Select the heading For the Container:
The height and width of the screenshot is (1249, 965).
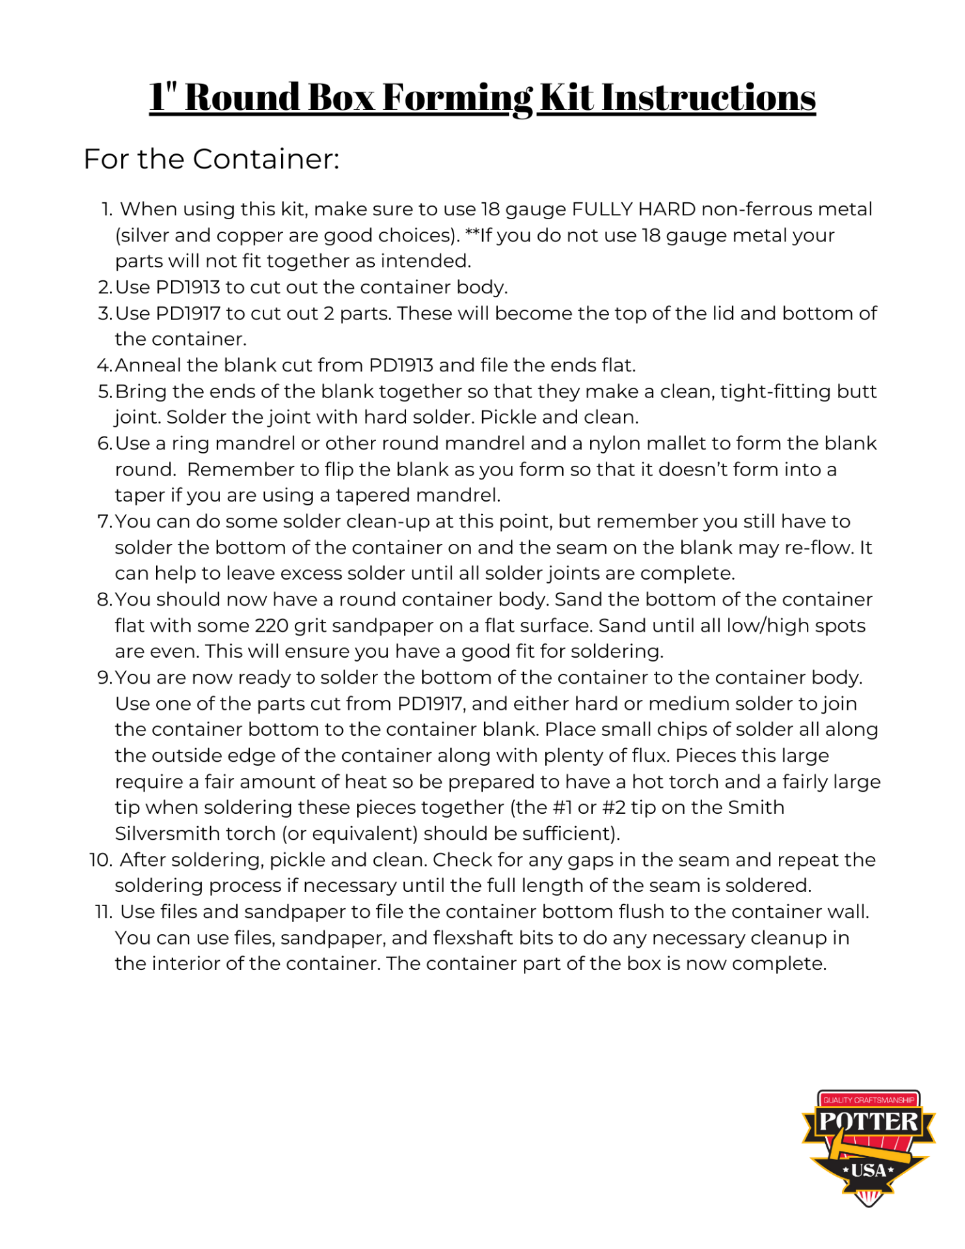pos(211,159)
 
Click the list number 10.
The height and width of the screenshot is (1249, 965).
pos(101,860)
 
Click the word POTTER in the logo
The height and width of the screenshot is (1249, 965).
pos(868,1121)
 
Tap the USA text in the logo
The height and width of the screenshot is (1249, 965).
pos(869,1171)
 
